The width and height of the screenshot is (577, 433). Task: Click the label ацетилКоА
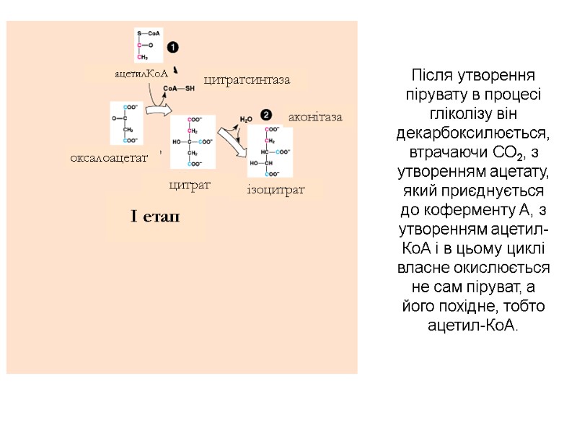click(141, 74)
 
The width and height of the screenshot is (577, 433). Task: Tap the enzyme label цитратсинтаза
click(247, 79)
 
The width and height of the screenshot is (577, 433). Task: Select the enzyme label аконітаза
click(314, 116)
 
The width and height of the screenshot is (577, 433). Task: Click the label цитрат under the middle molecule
click(189, 185)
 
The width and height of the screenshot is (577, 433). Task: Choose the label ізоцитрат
click(276, 190)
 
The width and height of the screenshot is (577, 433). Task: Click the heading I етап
click(155, 217)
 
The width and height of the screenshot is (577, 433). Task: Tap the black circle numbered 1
click(173, 48)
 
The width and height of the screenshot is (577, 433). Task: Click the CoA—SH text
click(180, 89)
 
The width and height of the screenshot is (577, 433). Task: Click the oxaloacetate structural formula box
click(125, 123)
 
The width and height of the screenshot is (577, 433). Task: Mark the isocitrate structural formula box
click(270, 152)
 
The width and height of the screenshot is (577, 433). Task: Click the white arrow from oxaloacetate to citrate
click(158, 110)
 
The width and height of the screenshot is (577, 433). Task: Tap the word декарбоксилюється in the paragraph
click(472, 134)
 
